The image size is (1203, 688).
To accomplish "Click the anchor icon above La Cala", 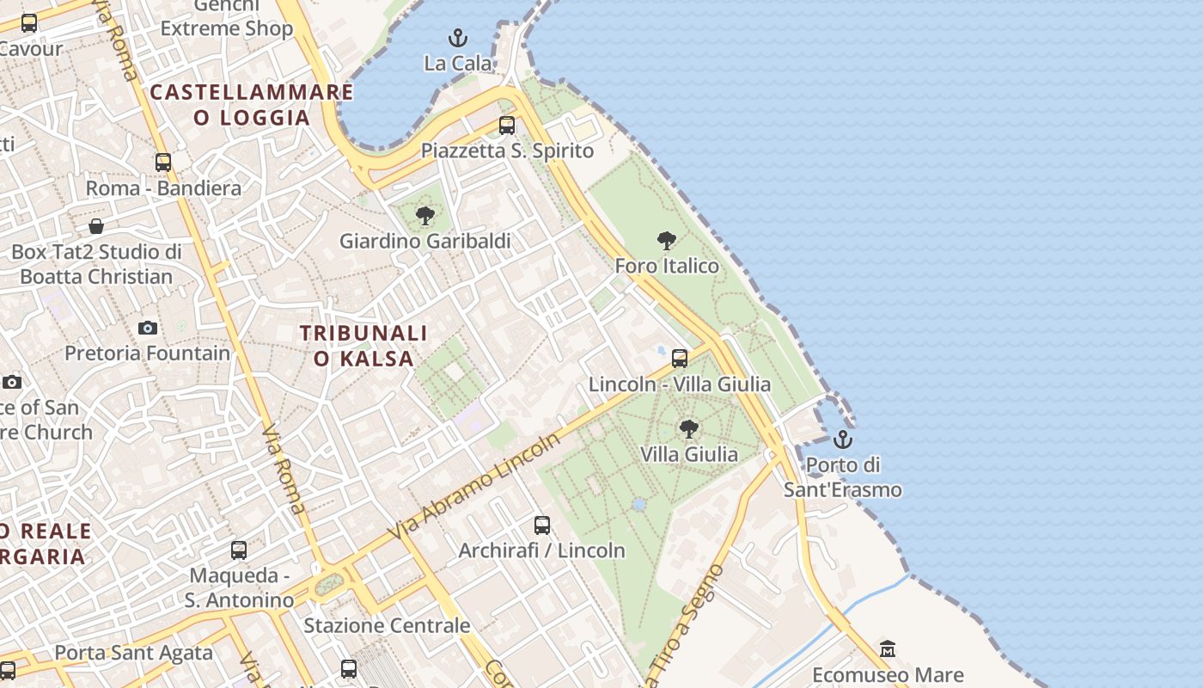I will (x=458, y=38).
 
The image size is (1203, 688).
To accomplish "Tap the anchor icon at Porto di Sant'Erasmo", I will (x=843, y=439).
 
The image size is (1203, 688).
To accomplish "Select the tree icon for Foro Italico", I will (x=666, y=241).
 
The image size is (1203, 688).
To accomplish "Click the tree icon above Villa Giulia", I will (x=688, y=428).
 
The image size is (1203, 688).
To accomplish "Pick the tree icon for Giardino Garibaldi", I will (x=424, y=216).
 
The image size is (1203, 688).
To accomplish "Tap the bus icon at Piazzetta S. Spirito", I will (x=507, y=126).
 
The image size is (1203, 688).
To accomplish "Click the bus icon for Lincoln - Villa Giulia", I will (x=680, y=359).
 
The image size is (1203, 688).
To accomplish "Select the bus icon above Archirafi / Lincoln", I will (x=541, y=525).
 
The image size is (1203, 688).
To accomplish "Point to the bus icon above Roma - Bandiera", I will (x=163, y=163).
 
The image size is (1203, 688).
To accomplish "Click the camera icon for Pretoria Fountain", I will (x=148, y=328).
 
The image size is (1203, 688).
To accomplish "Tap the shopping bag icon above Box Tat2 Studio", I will (x=96, y=226).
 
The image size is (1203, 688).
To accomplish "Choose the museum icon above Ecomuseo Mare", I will (x=888, y=649).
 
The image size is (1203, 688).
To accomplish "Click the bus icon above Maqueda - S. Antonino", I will (x=239, y=550).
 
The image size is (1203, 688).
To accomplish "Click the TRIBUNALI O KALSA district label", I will (x=363, y=346).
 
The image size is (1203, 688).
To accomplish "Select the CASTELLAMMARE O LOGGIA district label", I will (x=252, y=105).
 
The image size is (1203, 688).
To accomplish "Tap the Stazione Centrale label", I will (x=387, y=625).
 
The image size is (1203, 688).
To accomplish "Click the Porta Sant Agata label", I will (x=133, y=653).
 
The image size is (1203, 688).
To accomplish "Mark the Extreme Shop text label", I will (x=227, y=28).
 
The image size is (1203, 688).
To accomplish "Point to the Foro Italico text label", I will (x=667, y=266).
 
